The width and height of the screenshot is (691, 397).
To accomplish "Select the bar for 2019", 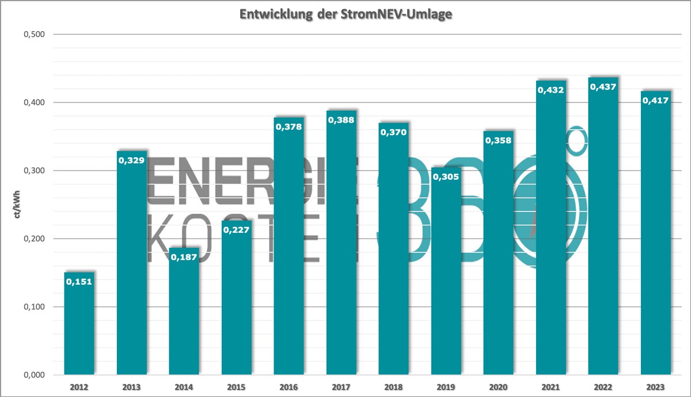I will pos(446,277).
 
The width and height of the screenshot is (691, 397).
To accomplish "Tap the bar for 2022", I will pos(603,230).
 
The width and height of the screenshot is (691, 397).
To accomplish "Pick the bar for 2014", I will pos(184,314).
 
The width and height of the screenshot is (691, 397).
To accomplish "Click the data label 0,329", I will pos(132,160).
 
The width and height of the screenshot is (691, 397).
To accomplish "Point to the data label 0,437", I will pos(603,87).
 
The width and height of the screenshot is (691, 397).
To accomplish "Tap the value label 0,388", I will pos(341,120).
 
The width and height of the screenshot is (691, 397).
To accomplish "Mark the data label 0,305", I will pos(446,176).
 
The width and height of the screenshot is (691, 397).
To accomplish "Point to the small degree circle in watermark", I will pos(578,140).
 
